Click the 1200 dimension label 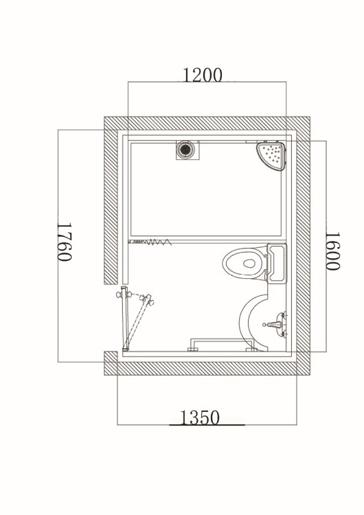tap(202, 75)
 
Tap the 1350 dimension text tap(199, 417)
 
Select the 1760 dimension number tap(65, 242)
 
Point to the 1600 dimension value tap(332, 251)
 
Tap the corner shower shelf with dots tap(271, 155)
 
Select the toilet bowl tap(244, 263)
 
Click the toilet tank tap(277, 264)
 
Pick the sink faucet tap(275, 325)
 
